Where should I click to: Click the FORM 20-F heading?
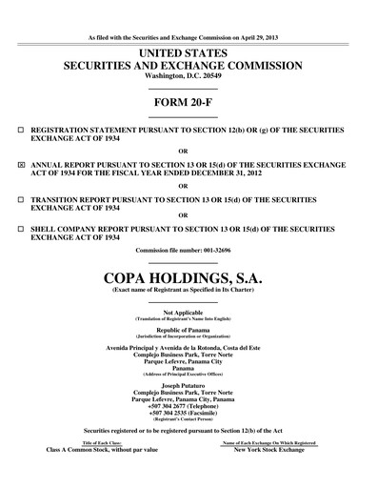point(188,100)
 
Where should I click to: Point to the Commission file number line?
point(188,251)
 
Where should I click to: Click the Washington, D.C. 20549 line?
point(188,76)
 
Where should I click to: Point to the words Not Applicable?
point(188,312)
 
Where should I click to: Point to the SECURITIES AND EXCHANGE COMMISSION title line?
point(188,65)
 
